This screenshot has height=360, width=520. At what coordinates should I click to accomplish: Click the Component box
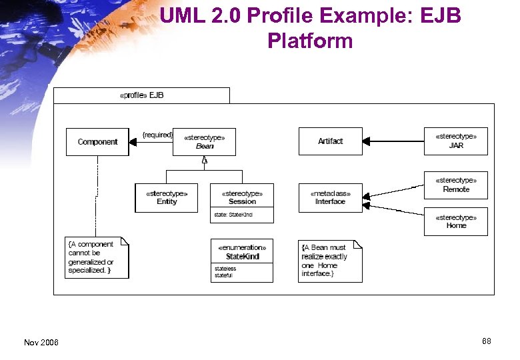[97, 142]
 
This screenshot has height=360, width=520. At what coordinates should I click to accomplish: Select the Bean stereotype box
[204, 142]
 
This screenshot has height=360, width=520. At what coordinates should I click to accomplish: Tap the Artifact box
[330, 141]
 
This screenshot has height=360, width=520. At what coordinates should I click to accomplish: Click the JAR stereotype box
[456, 141]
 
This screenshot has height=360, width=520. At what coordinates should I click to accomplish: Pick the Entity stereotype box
[167, 198]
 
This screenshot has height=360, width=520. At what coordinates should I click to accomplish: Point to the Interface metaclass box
[330, 198]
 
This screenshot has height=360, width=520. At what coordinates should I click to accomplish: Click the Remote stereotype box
[456, 185]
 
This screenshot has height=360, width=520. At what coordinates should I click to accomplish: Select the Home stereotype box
[456, 222]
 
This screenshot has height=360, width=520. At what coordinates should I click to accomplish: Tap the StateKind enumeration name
[242, 257]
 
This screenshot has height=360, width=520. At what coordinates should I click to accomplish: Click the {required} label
[157, 135]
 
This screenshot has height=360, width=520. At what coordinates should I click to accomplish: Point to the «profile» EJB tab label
[141, 95]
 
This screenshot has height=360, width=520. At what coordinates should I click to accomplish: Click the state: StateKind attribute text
[233, 215]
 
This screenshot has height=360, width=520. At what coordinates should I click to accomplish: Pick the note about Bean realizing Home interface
[329, 261]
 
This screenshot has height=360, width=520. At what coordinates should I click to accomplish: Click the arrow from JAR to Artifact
[393, 141]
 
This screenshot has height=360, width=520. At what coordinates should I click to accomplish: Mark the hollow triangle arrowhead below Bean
[205, 161]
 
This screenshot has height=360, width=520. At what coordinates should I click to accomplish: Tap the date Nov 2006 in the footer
[41, 343]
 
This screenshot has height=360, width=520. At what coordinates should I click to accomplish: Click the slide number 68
[487, 341]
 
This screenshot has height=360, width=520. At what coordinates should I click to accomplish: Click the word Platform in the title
[310, 41]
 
